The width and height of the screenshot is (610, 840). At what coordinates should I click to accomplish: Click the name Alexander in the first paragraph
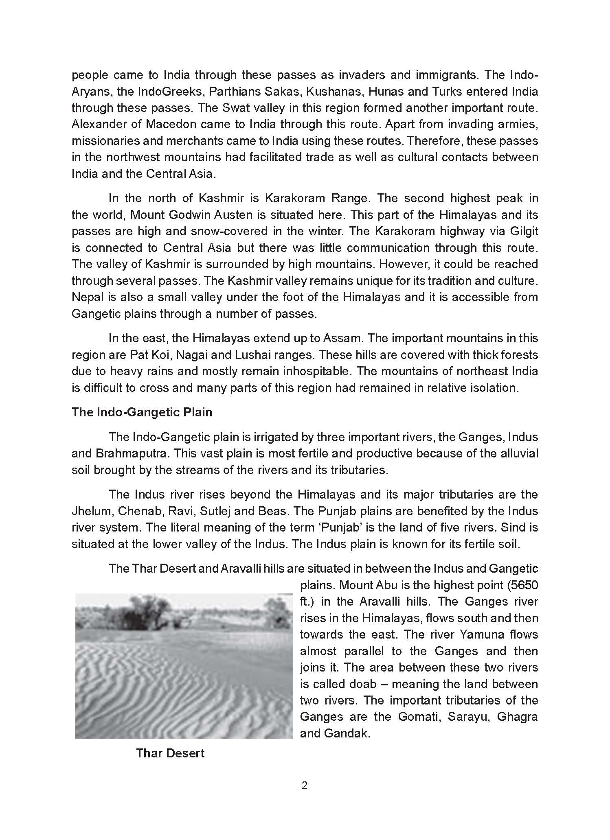click(96, 124)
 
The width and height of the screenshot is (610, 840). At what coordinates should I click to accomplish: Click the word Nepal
click(86, 297)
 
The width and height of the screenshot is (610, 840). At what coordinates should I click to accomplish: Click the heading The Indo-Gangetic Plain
click(142, 412)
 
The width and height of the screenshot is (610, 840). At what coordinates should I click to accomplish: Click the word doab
click(360, 684)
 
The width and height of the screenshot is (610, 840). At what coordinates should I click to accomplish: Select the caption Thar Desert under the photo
click(170, 753)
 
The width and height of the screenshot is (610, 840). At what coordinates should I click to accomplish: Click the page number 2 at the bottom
click(305, 786)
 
